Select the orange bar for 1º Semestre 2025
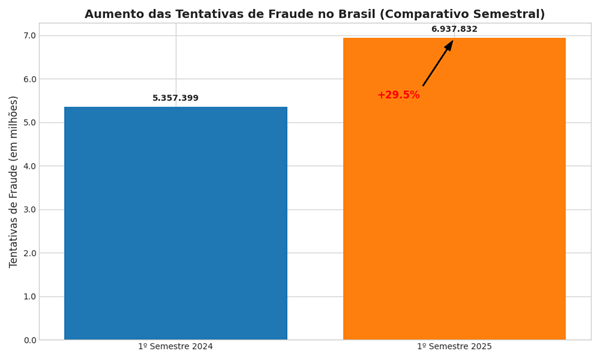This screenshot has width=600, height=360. [454, 190]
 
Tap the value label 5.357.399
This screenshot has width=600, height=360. [175, 98]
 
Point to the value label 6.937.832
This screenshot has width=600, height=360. [454, 29]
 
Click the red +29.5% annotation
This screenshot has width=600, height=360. [398, 95]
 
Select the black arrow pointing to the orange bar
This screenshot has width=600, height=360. [438, 63]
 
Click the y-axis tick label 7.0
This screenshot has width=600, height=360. [29, 36]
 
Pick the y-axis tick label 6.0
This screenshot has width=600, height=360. [29, 79]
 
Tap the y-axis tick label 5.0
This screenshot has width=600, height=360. [29, 123]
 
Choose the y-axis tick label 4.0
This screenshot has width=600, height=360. [29, 166]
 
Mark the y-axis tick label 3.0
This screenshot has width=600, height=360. [29, 210]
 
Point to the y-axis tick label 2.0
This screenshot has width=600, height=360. [29, 253]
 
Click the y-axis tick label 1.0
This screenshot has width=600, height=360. [29, 297]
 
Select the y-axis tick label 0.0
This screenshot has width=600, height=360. [29, 340]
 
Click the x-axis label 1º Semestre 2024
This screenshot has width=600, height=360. [175, 347]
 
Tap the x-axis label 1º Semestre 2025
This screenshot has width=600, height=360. [454, 347]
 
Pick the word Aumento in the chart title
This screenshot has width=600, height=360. [118, 14]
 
